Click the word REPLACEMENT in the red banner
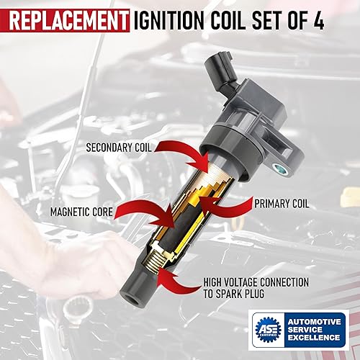(x=67, y=19)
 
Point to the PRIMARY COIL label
(x=282, y=204)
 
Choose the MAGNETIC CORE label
(x=80, y=212)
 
